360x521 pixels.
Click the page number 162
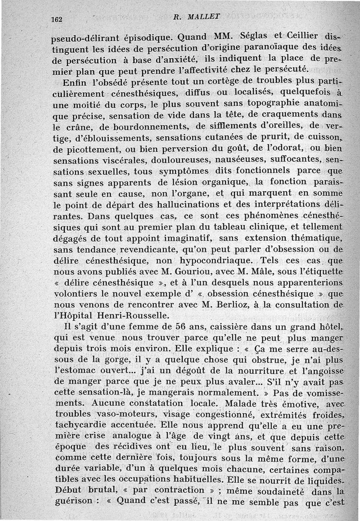[x=57, y=19]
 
